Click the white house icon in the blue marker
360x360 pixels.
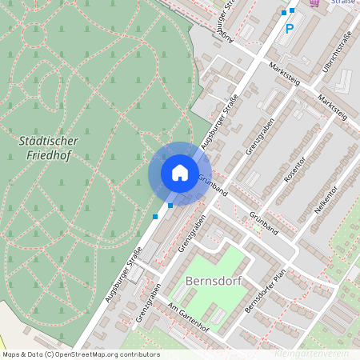179,173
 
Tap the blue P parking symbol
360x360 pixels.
290,29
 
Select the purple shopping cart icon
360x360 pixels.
314,3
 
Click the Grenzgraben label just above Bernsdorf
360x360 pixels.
183,234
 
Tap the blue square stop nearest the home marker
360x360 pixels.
170,206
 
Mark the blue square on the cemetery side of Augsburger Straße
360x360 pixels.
155,217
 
